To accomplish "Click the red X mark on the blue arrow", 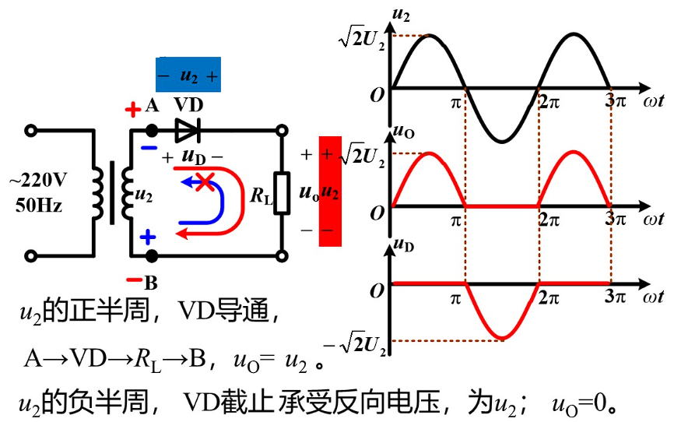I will click(205, 183).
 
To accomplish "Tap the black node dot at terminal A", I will click(151, 130).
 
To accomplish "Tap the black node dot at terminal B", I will click(151, 255).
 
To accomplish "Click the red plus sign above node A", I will click(132, 109).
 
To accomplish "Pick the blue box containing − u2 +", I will click(188, 76).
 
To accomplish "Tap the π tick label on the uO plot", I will click(458, 220).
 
